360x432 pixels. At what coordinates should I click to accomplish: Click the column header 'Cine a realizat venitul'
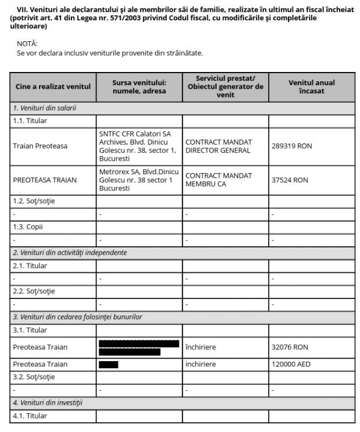click(52, 87)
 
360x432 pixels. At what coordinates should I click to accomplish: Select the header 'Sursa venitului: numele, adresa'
click(139, 87)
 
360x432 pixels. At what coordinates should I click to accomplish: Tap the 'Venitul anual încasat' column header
click(311, 87)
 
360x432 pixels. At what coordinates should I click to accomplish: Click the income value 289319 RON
click(291, 146)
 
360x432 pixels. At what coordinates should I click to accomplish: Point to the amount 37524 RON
click(290, 180)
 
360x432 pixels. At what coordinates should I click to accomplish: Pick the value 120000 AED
click(291, 365)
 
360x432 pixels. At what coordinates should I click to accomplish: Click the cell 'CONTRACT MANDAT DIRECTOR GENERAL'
click(218, 146)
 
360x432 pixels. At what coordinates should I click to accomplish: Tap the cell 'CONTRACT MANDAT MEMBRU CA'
click(218, 180)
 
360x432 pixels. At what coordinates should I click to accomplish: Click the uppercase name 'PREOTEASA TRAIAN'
click(45, 180)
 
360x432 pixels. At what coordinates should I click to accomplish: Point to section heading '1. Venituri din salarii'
click(45, 108)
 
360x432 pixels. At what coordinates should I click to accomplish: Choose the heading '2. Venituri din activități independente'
click(70, 253)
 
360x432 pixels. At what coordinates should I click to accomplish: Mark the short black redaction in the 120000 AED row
click(109, 365)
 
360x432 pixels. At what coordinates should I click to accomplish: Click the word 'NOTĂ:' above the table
click(27, 44)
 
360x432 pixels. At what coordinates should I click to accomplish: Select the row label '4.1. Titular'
click(30, 416)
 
